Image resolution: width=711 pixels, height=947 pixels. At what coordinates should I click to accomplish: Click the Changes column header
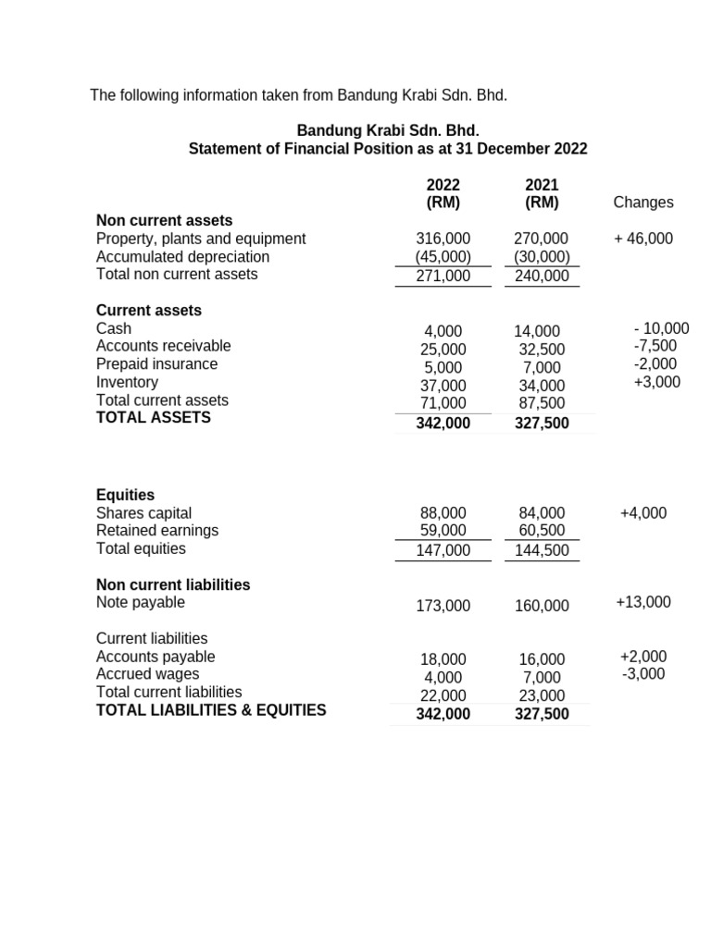click(x=643, y=203)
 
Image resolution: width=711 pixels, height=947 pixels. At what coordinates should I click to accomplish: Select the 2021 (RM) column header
click(x=542, y=194)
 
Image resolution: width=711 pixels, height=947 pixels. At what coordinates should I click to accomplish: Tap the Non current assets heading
click(x=165, y=220)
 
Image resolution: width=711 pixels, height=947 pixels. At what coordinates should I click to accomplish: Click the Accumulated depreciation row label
click(x=183, y=256)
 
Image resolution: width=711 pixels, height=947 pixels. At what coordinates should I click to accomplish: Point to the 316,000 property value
click(x=443, y=239)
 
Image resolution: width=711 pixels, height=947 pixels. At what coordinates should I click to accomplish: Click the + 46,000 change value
click(x=643, y=239)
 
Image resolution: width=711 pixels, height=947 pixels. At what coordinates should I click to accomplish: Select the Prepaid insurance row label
click(x=157, y=363)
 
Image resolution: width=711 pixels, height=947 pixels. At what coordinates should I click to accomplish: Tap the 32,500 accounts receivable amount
click(x=542, y=350)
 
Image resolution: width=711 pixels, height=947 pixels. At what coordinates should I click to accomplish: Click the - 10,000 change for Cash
click(x=662, y=328)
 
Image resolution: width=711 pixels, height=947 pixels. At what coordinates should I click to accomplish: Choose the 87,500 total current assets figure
click(x=542, y=403)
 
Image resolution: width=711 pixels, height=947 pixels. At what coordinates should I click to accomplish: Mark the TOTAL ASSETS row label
click(x=154, y=418)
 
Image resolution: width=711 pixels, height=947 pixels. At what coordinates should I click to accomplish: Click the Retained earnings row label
click(x=157, y=530)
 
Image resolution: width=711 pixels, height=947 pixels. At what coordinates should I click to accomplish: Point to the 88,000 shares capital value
click(x=443, y=512)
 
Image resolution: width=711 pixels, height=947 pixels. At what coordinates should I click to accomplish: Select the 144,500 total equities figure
click(x=542, y=551)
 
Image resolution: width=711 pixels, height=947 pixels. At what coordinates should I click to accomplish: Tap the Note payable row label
click(x=141, y=602)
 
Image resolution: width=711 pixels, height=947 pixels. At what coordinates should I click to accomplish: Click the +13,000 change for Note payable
click(x=643, y=602)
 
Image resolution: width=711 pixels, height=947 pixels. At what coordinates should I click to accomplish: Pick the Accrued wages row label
click(x=148, y=674)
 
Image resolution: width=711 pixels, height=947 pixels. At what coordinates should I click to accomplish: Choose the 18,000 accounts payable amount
click(x=443, y=659)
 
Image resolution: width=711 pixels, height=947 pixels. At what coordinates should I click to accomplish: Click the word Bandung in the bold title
click(x=326, y=130)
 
